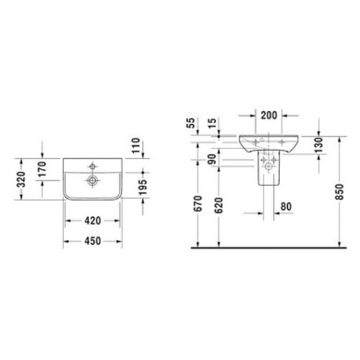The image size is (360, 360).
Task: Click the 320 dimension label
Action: pos(21,178)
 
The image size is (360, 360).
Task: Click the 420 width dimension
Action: pos(92,221)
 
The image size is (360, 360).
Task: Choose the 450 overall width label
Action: pos(92,241)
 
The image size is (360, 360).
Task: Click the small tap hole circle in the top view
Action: pos(93,166)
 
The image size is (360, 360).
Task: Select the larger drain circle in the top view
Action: pos(93,180)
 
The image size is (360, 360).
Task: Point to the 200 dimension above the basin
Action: pos(269,115)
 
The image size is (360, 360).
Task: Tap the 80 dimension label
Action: pos(286,206)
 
